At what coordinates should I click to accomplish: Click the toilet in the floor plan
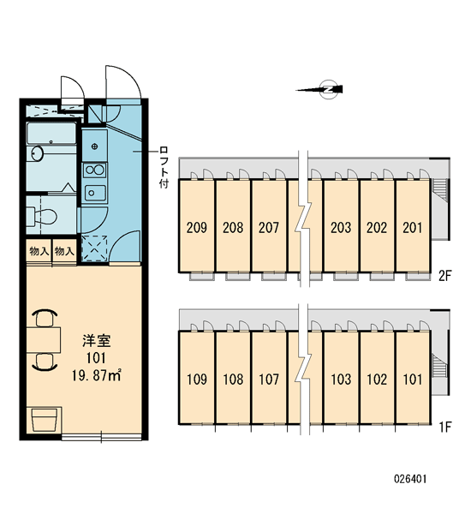[x=41, y=216]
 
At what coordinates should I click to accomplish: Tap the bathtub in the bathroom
[x=51, y=134]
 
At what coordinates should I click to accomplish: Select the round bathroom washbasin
[x=38, y=153]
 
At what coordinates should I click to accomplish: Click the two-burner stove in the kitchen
[x=95, y=170]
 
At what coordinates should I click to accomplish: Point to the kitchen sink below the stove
[x=95, y=193]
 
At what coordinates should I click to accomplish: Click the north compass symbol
[x=327, y=89]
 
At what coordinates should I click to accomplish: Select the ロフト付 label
[x=164, y=168]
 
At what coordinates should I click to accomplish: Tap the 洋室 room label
[x=97, y=341]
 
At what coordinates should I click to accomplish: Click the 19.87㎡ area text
[x=97, y=375]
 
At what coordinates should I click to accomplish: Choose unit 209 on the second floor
[x=197, y=228]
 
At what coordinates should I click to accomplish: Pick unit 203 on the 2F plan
[x=341, y=228]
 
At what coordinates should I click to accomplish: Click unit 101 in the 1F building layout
[x=413, y=380]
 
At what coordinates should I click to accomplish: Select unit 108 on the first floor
[x=233, y=380]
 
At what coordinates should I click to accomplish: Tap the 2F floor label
[x=445, y=276]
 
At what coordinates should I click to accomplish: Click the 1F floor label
[x=445, y=427]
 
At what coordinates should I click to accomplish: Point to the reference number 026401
[x=410, y=479]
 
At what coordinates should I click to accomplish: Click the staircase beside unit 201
[x=439, y=193]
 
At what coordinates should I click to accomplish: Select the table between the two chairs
[x=44, y=339]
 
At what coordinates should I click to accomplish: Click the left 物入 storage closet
[x=39, y=251]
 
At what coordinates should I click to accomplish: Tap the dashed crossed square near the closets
[x=94, y=248]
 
